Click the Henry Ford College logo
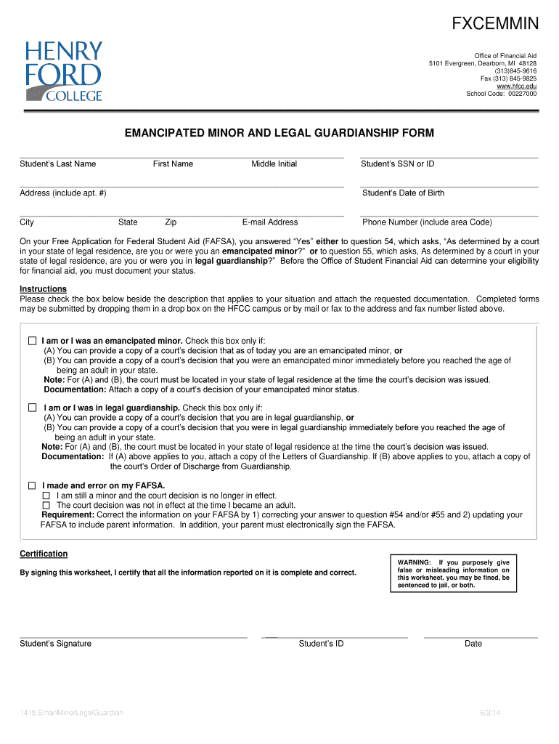tap(64, 70)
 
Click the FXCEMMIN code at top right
tap(496, 25)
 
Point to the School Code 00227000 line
tap(501, 94)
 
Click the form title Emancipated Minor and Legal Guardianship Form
tap(279, 133)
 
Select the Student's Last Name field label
tap(58, 164)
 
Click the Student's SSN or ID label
tap(397, 164)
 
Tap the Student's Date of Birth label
tap(403, 193)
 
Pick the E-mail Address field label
tap(270, 222)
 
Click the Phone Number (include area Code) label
tap(427, 222)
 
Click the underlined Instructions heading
tap(43, 289)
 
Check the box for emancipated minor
tap(32, 341)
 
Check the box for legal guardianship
tap(32, 408)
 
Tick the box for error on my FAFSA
tap(32, 485)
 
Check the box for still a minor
tap(46, 496)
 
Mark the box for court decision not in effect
tap(46, 505)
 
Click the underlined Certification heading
tap(44, 554)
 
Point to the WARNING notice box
tap(454, 573)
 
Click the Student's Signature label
tap(55, 644)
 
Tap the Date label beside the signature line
tap(473, 644)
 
